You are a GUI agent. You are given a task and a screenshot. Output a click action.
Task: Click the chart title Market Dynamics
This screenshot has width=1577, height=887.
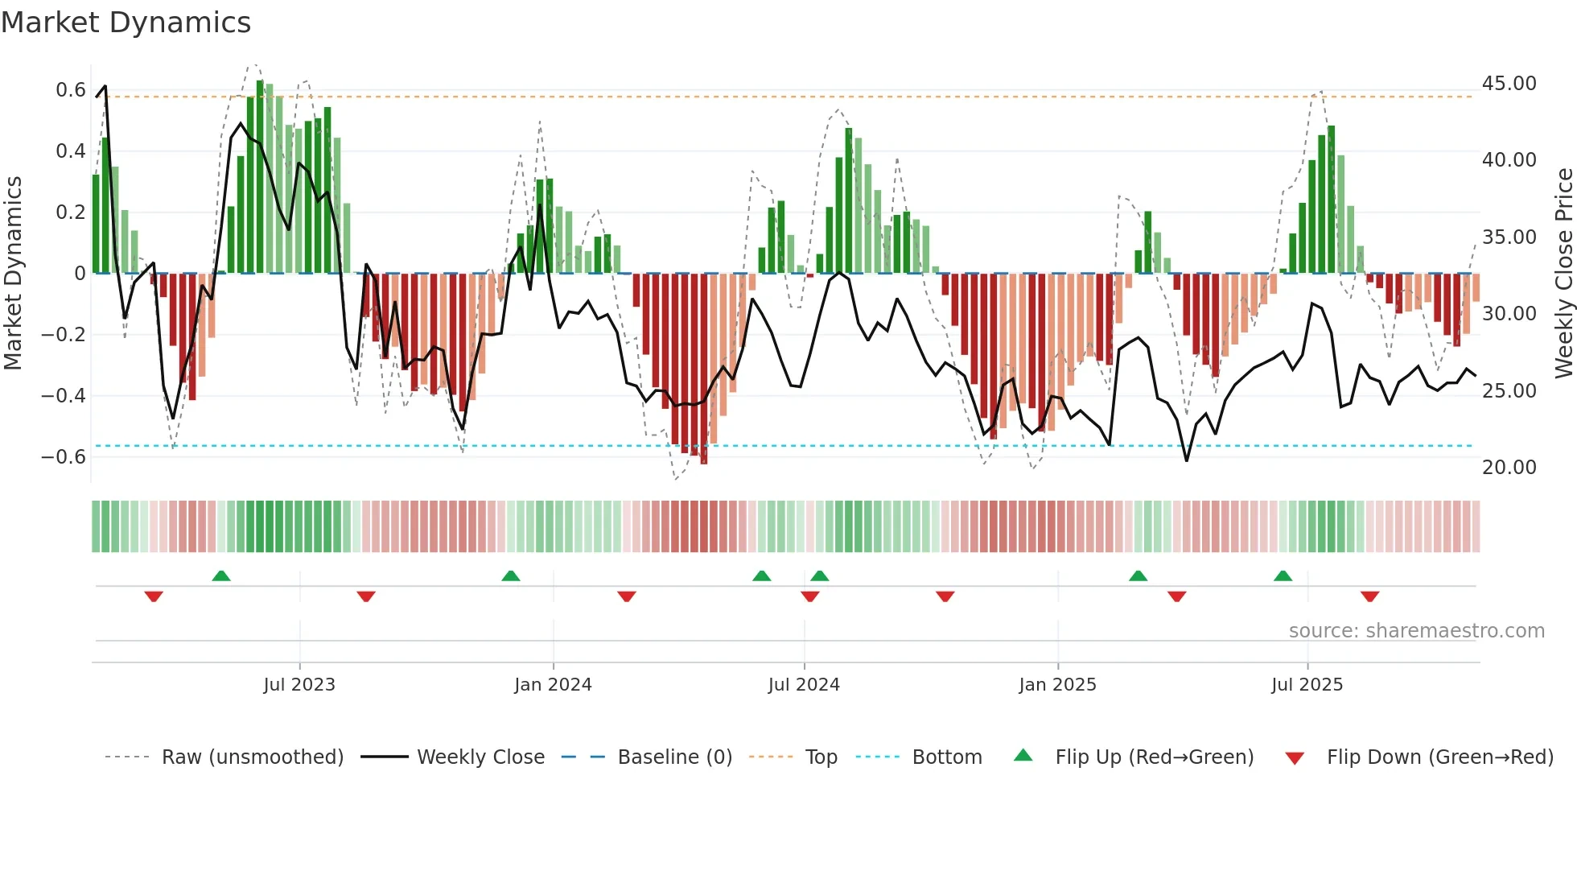click(126, 23)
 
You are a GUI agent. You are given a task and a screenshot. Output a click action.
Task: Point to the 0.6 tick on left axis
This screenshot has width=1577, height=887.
click(71, 90)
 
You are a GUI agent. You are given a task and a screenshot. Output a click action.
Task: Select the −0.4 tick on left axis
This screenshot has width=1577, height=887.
click(64, 396)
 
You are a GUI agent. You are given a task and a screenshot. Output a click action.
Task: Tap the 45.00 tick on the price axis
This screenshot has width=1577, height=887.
click(1509, 84)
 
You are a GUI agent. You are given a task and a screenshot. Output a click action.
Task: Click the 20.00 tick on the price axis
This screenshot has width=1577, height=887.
click(1509, 468)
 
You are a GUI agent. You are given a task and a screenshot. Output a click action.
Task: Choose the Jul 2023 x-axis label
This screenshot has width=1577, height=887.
click(299, 685)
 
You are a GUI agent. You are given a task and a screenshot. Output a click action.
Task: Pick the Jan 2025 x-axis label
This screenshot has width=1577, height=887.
click(1057, 685)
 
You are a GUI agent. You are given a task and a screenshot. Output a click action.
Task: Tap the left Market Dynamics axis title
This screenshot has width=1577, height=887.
click(13, 274)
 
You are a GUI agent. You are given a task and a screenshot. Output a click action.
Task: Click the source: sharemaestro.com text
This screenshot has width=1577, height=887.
click(1416, 631)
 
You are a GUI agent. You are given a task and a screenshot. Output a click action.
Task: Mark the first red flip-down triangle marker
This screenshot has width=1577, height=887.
click(154, 596)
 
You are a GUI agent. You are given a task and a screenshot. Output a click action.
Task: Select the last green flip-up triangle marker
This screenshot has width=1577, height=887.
click(1283, 576)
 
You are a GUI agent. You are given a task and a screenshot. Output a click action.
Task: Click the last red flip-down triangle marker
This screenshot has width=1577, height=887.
click(1370, 596)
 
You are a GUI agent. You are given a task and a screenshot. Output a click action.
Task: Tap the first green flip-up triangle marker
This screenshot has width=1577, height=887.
click(221, 576)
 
